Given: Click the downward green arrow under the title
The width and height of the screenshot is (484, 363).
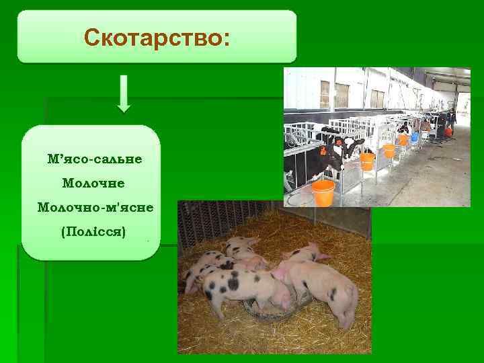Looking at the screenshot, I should coord(124,93).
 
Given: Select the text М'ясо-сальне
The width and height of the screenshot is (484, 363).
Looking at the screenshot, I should coord(95,159).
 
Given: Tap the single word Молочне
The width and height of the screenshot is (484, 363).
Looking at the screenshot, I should coord(93,182).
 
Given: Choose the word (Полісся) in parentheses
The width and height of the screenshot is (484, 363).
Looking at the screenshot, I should coord(93,231).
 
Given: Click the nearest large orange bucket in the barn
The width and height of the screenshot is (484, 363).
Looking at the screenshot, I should coord(323,192).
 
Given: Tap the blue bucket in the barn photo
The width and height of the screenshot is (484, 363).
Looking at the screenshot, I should coord(415,136).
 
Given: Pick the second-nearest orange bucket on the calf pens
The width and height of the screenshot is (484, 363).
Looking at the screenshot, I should coord(367,161).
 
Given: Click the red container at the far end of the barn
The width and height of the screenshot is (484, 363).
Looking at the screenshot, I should coord(448,131).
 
